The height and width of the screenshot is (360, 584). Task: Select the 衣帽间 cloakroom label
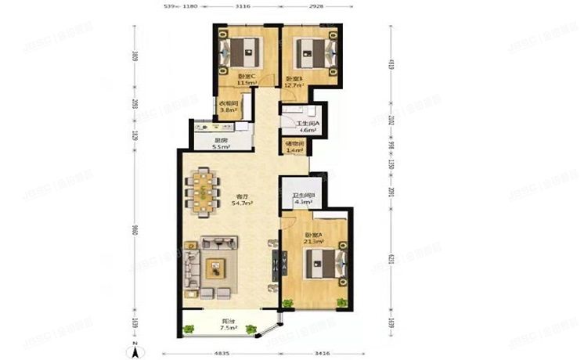[228, 107]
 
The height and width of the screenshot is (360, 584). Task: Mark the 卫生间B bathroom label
[303, 200]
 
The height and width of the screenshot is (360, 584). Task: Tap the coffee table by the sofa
[214, 268]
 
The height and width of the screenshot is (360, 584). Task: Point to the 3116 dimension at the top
[242, 7]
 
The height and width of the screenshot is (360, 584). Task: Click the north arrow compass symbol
[135, 346]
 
